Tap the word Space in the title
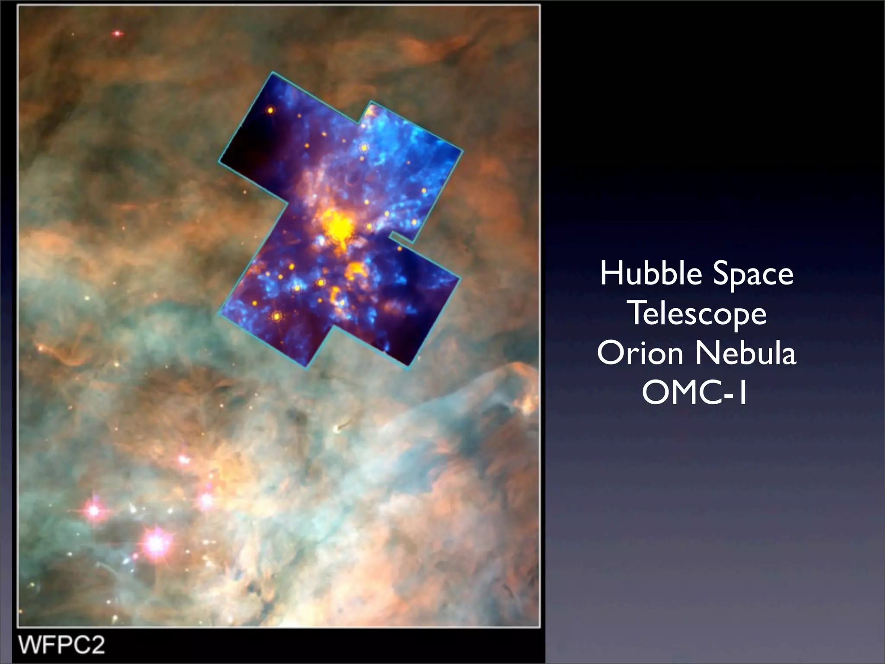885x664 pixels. [753, 275]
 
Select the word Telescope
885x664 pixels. [697, 314]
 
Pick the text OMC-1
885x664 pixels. [695, 393]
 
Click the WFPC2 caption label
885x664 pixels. [61, 645]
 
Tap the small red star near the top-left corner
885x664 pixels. [117, 33]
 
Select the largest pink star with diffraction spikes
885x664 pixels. [155, 543]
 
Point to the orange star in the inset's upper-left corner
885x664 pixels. [271, 110]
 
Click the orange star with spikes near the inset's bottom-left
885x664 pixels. [276, 317]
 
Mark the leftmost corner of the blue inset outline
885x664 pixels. [219, 160]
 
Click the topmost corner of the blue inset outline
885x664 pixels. [272, 73]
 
